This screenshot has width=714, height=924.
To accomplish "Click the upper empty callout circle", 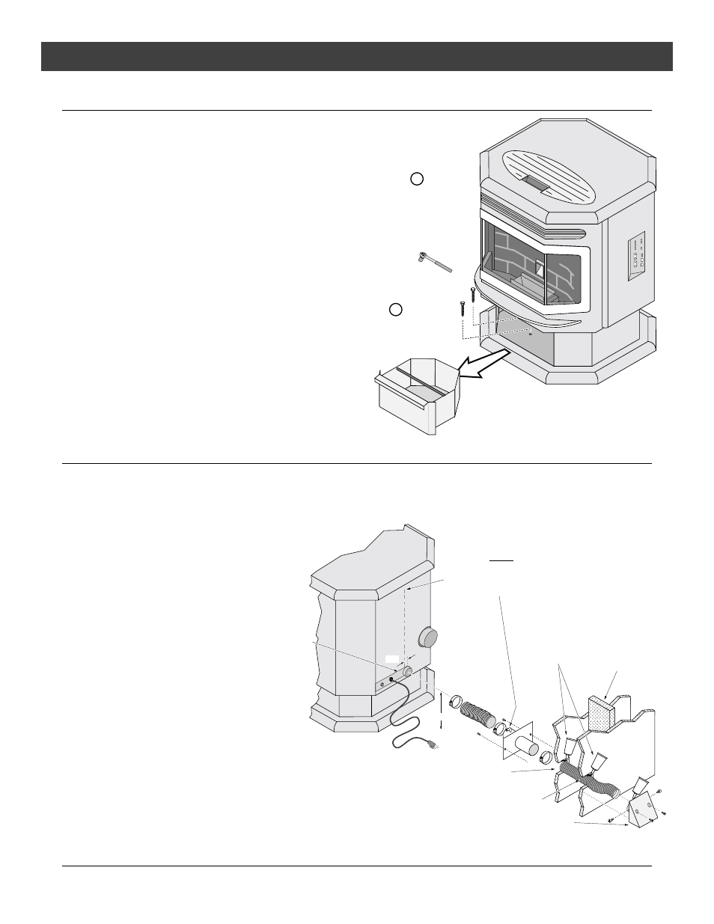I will tap(417, 179).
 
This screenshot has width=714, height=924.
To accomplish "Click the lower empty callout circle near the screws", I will tap(397, 308).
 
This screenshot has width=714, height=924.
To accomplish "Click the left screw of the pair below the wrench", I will tap(463, 307).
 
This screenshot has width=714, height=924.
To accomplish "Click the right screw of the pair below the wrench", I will tap(473, 293).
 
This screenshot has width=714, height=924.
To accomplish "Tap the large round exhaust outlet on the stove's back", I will tap(428, 637).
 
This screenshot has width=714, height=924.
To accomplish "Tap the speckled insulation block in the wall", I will tap(602, 712).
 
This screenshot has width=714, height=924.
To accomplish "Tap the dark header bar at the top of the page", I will tap(357, 56).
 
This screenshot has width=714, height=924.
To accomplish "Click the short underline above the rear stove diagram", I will tap(501, 559).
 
